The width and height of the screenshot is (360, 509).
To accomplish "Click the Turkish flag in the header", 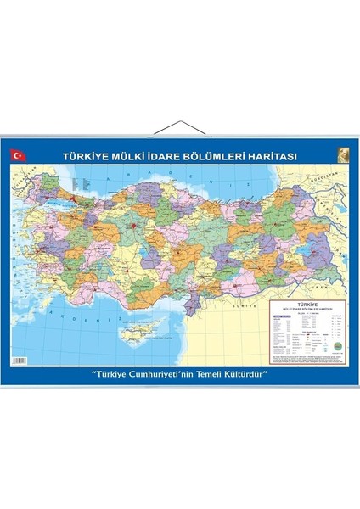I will coord(18,155).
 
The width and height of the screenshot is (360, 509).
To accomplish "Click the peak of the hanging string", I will coord(179,122).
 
